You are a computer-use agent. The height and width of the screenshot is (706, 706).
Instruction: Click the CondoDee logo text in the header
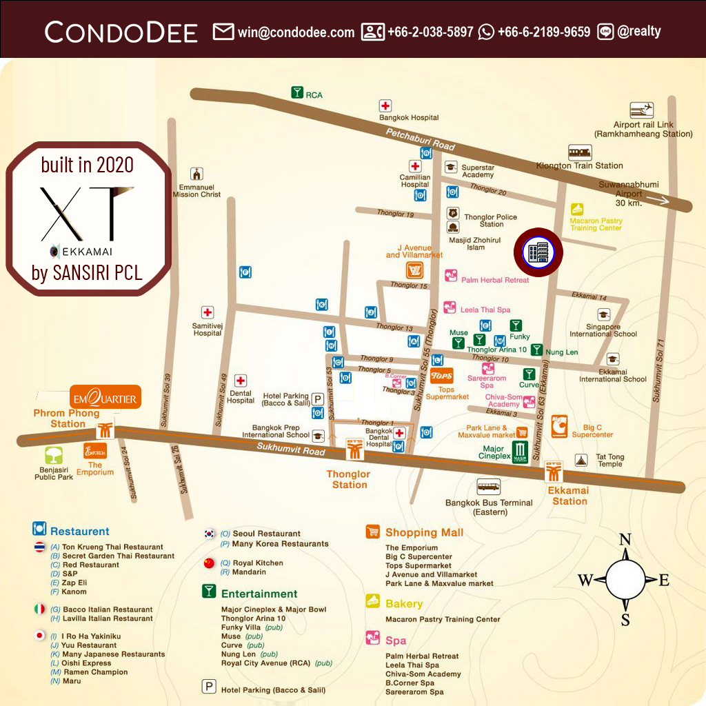121,32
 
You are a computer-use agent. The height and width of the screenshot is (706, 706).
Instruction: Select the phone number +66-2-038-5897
430,32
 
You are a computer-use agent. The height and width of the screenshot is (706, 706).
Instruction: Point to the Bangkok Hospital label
409,118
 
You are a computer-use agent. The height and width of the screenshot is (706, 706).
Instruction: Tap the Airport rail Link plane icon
642,110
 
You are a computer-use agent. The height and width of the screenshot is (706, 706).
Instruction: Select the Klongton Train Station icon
579,152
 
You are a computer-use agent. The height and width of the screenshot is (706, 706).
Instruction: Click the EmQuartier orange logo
105,398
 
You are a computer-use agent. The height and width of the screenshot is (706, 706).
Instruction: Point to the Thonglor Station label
349,479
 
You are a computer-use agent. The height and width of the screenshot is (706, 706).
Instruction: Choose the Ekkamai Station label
569,496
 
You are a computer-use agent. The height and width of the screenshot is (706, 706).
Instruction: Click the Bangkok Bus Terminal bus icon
489,486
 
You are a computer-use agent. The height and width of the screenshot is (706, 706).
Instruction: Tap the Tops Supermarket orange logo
441,376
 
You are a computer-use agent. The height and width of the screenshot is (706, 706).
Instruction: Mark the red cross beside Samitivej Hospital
208,312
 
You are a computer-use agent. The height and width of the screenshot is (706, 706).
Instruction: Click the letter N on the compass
625,540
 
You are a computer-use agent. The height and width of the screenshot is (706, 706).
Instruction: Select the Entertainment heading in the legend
259,594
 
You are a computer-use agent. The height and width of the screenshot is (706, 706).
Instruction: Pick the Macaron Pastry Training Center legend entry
443,619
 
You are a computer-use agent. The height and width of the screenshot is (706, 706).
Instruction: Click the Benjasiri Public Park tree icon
54,455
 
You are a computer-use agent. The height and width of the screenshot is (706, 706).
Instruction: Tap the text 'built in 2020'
88,165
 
